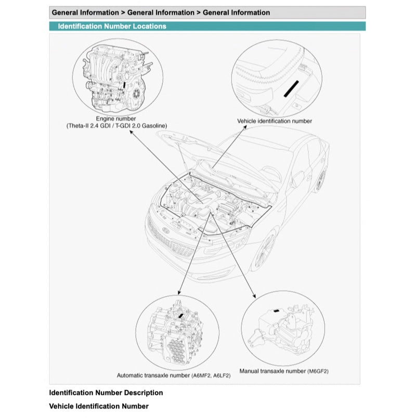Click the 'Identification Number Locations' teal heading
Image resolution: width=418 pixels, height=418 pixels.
coord(112,26)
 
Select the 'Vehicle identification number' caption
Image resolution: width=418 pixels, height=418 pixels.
coord(275,121)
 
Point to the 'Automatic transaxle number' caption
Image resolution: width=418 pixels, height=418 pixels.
coord(153,374)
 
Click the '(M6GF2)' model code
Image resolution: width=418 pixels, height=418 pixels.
coord(318,371)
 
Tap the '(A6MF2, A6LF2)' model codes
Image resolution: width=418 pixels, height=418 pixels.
coord(211,375)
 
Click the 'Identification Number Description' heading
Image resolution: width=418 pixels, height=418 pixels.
coord(106,393)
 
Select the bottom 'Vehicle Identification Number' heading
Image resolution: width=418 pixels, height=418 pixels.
coord(99,406)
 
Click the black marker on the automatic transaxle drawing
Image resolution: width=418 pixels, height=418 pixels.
coord(181,315)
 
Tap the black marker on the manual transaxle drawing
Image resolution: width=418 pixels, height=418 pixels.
coord(276,310)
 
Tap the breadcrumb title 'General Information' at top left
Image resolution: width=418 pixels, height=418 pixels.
coord(85,12)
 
